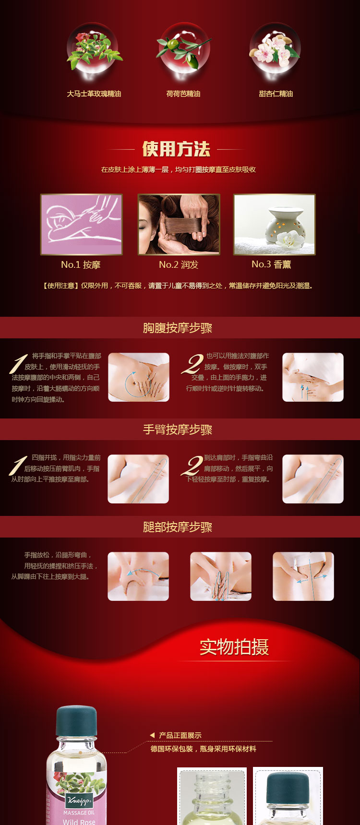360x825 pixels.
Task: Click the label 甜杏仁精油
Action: pos(276,94)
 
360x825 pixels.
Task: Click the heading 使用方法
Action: pos(176,149)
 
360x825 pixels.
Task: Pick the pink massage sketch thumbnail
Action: pos(82,224)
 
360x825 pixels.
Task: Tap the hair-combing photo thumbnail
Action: pos(179,224)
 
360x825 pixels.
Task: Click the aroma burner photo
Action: pos(274,224)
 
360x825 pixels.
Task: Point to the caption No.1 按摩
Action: pos(81,264)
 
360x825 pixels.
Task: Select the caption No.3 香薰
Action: pos(271,264)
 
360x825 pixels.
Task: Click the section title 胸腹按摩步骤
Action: pos(178,328)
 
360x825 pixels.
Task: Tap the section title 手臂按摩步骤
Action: pos(178,430)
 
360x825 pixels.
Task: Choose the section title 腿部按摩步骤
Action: pos(178,527)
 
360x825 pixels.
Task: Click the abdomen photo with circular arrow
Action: pos(139,377)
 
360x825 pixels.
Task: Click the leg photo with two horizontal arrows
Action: pos(303,576)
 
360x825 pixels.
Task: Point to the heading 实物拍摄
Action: pos(234,647)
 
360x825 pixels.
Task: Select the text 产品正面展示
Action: pos(180,735)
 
